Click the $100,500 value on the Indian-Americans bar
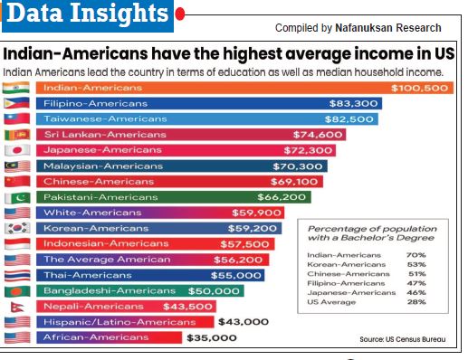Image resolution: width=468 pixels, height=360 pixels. [421, 88]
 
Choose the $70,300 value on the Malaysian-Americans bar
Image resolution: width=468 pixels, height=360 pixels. [298, 166]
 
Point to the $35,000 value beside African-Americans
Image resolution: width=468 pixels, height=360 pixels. [212, 337]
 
